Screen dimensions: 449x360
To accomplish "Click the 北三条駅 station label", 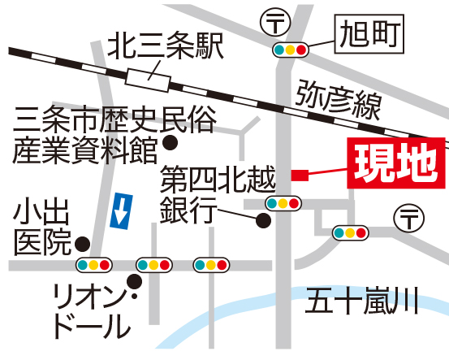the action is [x=165, y=46].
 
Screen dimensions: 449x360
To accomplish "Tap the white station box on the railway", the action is [x=148, y=80].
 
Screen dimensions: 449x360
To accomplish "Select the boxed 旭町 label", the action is [x=369, y=34].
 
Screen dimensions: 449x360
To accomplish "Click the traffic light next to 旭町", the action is [x=291, y=50].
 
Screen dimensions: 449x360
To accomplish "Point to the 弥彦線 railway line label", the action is [x=339, y=99].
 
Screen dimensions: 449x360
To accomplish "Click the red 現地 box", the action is [x=396, y=163].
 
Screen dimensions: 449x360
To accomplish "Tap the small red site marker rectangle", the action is [x=300, y=176].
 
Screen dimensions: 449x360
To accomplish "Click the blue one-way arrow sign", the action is [x=122, y=211].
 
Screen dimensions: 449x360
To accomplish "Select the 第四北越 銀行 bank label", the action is [x=218, y=194].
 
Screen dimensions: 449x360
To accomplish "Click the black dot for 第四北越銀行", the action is [x=263, y=220].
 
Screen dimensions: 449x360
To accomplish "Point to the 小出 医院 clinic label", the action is [x=41, y=226].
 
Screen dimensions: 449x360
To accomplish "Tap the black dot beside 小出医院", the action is [x=83, y=245].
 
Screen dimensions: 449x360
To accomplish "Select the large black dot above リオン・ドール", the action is [x=134, y=281].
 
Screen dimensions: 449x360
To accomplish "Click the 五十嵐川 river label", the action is [x=361, y=301].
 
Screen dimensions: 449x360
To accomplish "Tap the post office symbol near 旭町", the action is [x=275, y=22].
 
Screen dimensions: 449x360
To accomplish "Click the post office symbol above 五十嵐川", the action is [x=409, y=219].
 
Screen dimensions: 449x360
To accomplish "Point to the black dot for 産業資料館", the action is [x=170, y=142].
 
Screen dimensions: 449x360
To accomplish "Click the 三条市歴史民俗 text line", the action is [x=114, y=119].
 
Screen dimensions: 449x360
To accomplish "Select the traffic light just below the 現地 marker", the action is [x=283, y=203].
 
